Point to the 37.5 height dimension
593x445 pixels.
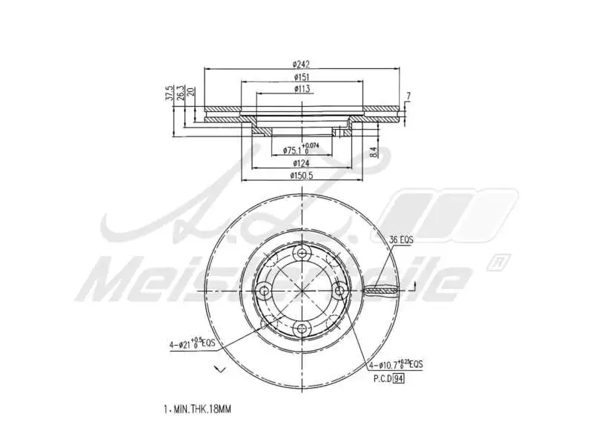(x=170, y=96)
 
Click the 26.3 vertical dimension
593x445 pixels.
(x=180, y=94)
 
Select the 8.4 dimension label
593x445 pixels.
(x=374, y=151)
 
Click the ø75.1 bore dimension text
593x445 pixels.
(x=296, y=150)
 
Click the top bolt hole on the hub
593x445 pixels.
(x=302, y=254)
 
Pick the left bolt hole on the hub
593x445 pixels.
(x=264, y=291)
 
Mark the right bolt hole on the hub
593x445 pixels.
(x=339, y=291)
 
